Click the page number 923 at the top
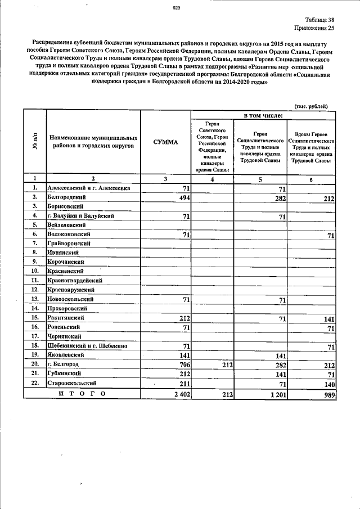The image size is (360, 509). pos(176,8)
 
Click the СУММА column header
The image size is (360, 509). pos(165,142)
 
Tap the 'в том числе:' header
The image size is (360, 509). pos(263,115)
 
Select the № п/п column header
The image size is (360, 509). pos(35,142)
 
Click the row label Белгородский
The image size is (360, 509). pos(66,197)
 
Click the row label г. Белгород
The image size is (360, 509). pos(63,364)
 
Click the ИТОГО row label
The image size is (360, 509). pos(82,394)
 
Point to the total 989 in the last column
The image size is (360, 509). pos(327,395)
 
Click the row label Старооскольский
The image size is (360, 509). pos(69,382)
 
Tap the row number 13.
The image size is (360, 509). pos(35,299)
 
